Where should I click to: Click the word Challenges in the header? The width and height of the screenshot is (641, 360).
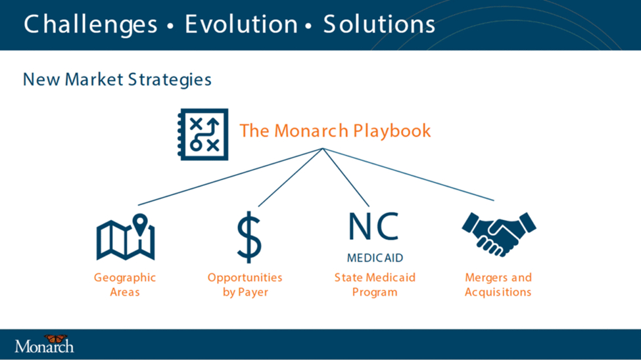point(90,24)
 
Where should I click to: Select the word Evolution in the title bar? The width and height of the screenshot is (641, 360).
point(241,24)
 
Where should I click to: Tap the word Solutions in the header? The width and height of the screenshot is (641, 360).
point(379,24)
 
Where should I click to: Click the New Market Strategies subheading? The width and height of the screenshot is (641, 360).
point(117,79)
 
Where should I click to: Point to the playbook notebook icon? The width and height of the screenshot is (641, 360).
point(202,135)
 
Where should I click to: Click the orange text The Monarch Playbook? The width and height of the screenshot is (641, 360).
point(335,131)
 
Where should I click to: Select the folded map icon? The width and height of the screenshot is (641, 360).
point(126,238)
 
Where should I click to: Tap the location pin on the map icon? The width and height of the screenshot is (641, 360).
point(140,224)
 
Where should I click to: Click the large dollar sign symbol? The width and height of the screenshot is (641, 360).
point(249,237)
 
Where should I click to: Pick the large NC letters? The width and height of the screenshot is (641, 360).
point(373,226)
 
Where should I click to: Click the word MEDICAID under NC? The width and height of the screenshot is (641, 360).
point(375,258)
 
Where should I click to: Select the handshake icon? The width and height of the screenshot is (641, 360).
point(499,234)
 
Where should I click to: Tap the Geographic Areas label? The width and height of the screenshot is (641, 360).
point(125,285)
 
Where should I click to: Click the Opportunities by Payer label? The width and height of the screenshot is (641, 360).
point(245,285)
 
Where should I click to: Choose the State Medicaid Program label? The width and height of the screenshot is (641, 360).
point(375,285)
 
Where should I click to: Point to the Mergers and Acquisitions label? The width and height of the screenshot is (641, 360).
point(498,285)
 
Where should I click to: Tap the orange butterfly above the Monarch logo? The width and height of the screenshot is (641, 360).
point(56,339)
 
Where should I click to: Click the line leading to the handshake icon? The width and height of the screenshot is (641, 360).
point(408,175)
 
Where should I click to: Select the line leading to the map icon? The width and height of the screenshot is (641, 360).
point(230,177)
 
